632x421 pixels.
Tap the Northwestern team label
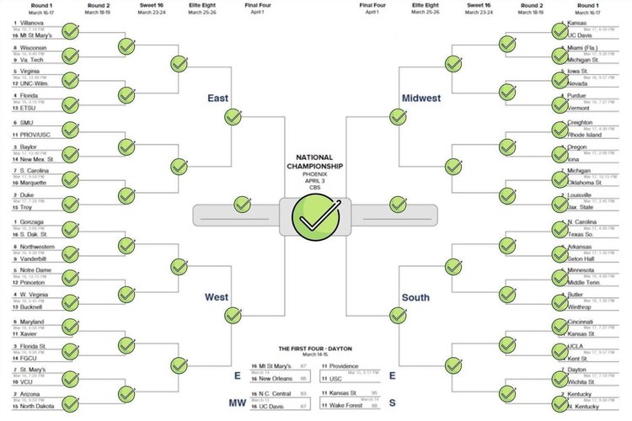tap(39, 247)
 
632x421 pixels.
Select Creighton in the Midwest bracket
tap(582, 122)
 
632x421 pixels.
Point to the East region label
tap(218, 99)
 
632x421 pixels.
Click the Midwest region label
tap(420, 99)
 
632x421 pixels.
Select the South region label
tap(415, 297)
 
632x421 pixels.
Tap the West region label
tap(217, 297)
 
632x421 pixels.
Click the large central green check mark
tap(315, 216)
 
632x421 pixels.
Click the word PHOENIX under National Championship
tap(315, 174)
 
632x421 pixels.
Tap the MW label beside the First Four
tap(238, 403)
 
